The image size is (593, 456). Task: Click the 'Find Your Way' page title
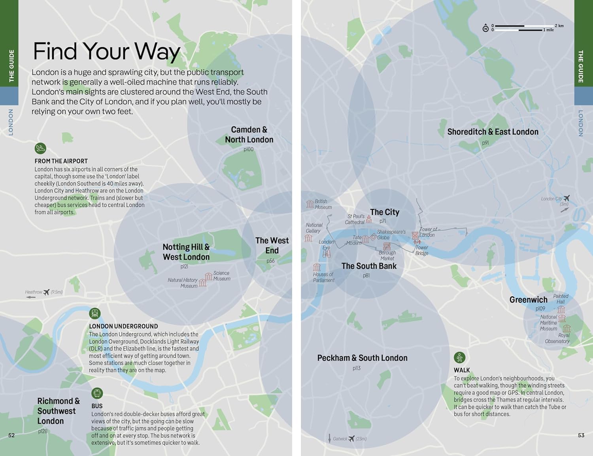coord(107,51)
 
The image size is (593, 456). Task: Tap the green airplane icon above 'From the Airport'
coord(40,149)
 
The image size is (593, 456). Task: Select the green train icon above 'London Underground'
coord(94,314)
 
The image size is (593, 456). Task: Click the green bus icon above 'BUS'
coord(97,393)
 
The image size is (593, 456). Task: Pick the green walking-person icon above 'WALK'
coord(459,358)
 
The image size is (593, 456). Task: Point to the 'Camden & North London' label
coord(249,135)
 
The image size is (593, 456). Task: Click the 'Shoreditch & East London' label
coord(493,132)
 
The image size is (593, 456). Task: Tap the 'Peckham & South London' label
coord(362,358)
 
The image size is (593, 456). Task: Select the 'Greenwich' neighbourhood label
coord(528,300)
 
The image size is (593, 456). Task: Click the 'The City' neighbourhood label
coord(384,212)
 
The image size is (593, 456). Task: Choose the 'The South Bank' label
coord(369,266)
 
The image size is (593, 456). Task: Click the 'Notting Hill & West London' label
coord(186,252)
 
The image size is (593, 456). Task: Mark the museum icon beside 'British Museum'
coord(310,204)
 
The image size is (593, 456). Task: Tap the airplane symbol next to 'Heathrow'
coord(47,292)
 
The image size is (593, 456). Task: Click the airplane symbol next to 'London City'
coord(567,198)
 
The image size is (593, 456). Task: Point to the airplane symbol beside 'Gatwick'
coord(351,439)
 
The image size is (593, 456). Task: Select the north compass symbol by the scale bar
coord(485,28)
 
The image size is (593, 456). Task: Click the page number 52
coord(11,435)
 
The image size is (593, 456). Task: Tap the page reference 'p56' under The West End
coord(270,261)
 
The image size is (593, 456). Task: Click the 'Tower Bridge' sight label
coord(421,251)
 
